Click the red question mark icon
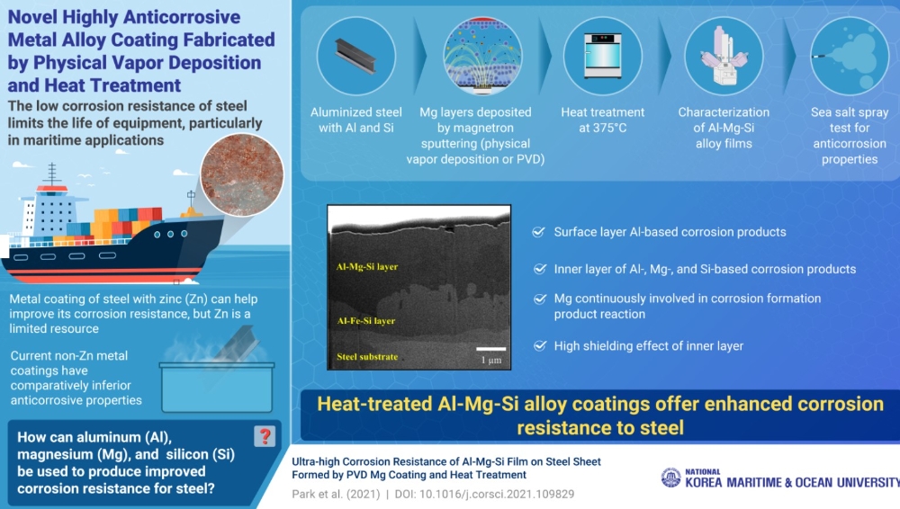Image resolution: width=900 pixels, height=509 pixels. (264, 437)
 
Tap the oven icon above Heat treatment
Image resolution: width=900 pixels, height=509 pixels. (603, 56)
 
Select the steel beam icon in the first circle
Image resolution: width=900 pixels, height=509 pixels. (355, 57)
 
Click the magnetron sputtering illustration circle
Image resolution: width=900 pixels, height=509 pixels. (482, 56)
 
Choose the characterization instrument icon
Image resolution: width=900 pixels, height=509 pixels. (724, 56)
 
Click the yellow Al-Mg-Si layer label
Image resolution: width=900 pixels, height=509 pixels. (367, 267)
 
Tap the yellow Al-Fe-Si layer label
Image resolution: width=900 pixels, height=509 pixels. (365, 321)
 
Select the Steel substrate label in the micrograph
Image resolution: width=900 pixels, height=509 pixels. (367, 356)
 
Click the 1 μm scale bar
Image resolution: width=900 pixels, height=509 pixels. (490, 348)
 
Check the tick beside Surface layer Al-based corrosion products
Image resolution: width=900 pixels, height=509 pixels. (538, 232)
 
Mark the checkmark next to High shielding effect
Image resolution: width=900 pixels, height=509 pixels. (539, 345)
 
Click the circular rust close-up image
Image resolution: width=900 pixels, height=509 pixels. (241, 174)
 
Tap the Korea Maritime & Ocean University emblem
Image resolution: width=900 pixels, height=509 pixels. (670, 477)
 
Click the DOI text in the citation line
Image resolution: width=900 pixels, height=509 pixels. (484, 494)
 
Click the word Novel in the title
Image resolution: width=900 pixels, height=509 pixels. (32, 17)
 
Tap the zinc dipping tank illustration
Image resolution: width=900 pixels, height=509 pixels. (217, 387)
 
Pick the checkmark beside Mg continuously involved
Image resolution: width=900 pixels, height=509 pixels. (539, 299)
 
